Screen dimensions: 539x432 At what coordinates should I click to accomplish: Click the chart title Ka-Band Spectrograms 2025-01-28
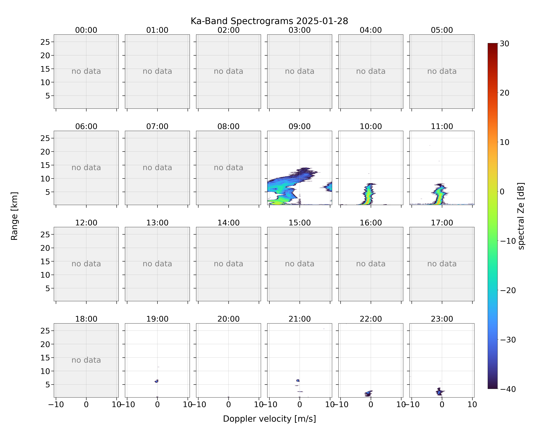269,21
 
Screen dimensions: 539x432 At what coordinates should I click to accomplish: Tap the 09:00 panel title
300,126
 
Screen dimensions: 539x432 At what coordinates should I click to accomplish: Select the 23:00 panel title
442,319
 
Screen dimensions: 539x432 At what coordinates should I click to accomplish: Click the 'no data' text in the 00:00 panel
86,71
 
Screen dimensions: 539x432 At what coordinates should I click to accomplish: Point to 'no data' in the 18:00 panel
86,360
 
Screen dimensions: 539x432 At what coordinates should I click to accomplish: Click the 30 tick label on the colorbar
505,44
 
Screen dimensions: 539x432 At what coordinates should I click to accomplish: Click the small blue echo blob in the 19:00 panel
157,381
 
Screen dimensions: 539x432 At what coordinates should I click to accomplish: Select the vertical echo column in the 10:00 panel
368,194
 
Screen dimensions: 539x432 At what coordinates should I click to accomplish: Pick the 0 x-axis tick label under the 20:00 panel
229,404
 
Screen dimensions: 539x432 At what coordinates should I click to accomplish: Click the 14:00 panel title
229,223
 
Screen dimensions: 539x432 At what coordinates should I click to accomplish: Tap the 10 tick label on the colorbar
505,142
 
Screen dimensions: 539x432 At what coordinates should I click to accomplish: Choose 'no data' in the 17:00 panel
442,264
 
